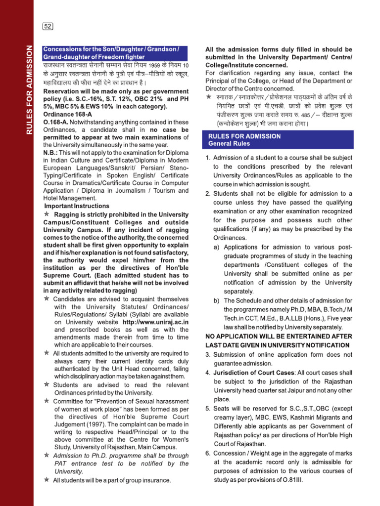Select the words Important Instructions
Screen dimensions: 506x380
click(77, 206)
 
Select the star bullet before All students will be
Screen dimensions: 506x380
click(47, 480)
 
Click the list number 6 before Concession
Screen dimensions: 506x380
click(208, 454)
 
